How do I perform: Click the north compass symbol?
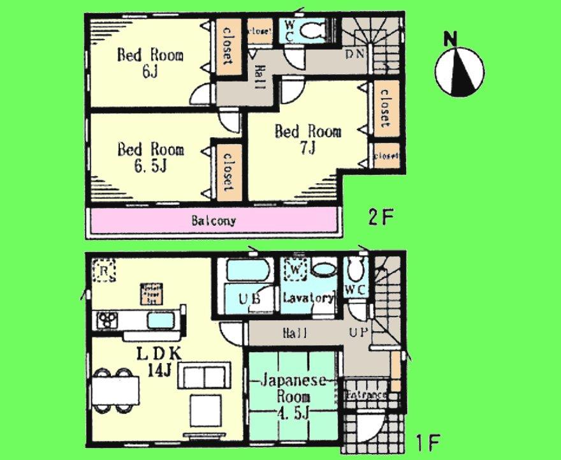459,70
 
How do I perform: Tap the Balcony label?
214,221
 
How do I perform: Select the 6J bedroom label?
150,63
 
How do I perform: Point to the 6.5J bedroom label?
150,157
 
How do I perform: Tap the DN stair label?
354,54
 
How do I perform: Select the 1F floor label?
427,440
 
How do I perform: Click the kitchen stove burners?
106,320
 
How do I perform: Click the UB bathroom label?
249,299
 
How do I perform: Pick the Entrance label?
366,396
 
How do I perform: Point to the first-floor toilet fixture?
356,274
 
